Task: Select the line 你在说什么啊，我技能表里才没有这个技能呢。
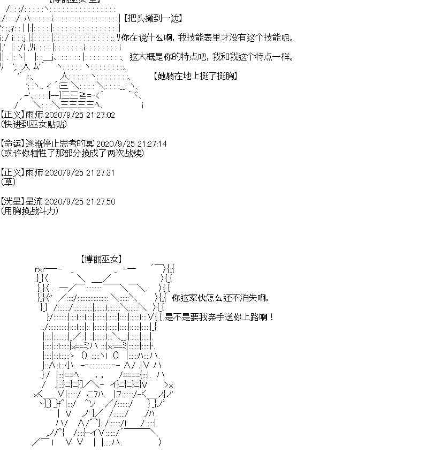point(207,38)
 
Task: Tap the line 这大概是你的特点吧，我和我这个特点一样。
point(211,57)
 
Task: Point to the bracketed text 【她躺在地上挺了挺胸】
point(195,76)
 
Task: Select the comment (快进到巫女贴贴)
point(34,124)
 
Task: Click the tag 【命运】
point(12,144)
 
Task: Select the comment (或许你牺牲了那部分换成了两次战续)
point(73,153)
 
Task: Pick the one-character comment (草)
point(9,182)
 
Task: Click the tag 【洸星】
point(12,202)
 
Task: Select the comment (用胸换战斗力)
point(30,211)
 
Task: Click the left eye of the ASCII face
point(83,355)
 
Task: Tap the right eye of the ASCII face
point(116,355)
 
